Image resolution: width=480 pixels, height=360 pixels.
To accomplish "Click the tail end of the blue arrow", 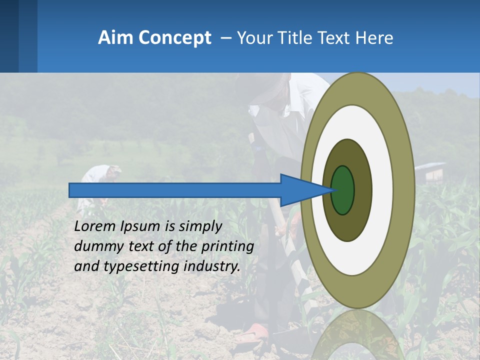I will point(73,190).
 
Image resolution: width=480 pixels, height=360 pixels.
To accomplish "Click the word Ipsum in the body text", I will point(140,227).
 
